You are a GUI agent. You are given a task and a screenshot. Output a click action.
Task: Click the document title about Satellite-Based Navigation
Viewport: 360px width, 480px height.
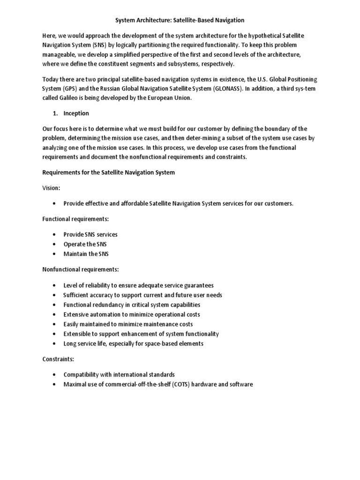[180, 21]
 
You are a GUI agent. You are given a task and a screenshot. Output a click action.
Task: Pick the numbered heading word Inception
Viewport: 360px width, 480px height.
[76, 113]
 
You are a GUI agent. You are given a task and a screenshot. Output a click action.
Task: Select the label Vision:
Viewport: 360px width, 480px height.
[51, 187]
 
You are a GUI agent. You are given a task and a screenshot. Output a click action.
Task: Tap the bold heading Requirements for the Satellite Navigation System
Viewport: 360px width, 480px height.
[108, 172]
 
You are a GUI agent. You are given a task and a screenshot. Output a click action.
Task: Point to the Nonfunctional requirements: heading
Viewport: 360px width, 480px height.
[80, 270]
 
